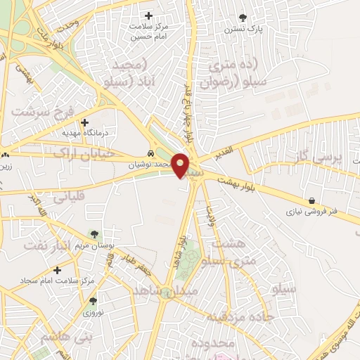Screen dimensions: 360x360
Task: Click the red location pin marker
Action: (181, 165)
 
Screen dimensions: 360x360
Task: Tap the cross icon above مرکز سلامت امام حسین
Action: (148, 15)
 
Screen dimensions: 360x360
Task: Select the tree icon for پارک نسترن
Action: (243, 18)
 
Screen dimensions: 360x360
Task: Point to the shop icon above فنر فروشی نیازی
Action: (311, 200)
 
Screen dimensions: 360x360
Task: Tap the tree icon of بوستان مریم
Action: (95, 234)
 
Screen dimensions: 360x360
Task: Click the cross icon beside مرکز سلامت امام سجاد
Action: (57, 270)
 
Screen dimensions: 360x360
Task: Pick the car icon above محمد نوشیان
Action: (151, 154)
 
